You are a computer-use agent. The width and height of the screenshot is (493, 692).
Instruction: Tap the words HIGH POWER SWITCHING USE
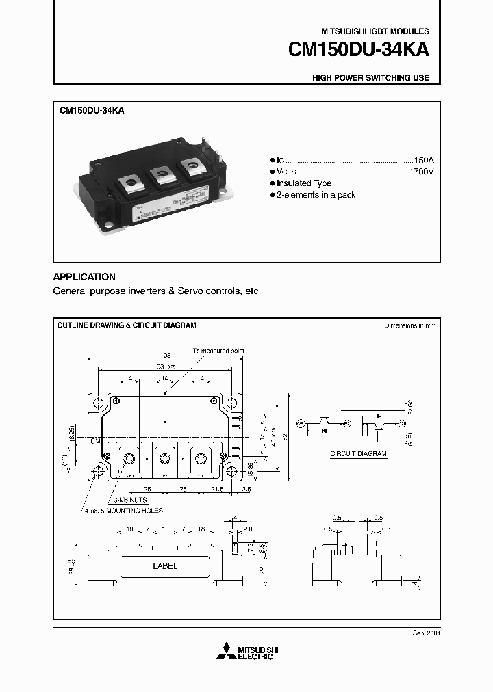[370, 78]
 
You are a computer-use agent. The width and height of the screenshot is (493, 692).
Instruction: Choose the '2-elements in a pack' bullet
[316, 195]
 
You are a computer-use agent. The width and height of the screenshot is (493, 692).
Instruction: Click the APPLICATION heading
[84, 277]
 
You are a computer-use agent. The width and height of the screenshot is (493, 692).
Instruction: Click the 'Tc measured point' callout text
[218, 350]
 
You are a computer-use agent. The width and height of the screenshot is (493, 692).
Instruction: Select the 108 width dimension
[164, 356]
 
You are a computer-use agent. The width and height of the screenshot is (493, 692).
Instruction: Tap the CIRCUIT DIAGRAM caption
[358, 454]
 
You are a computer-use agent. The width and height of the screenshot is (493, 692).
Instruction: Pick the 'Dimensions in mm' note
[409, 325]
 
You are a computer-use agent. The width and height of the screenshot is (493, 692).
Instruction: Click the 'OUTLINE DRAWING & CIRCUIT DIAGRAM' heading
[127, 325]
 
